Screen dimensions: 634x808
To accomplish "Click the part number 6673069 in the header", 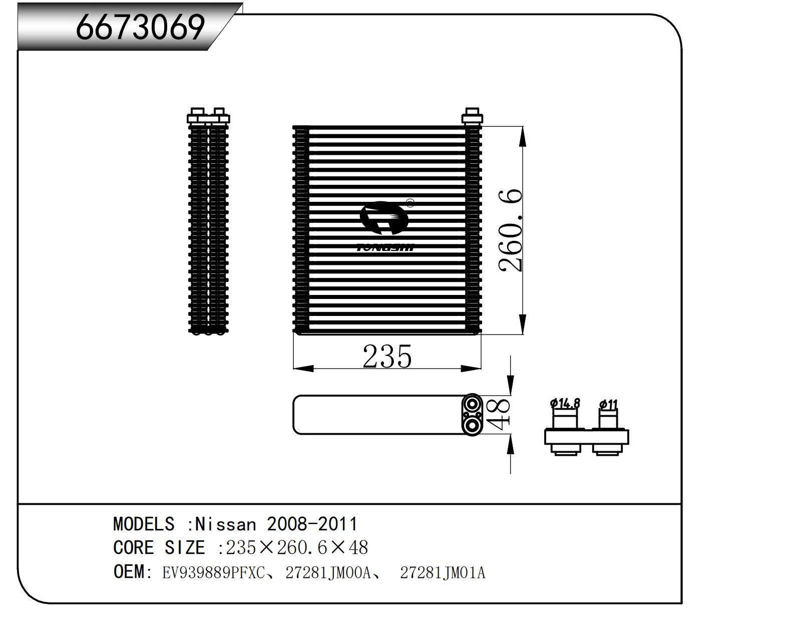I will click(140, 27).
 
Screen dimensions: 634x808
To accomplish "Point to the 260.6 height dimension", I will click(511, 230).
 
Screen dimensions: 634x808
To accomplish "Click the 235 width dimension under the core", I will click(387, 357).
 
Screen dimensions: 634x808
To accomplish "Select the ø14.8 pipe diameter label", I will click(565, 403).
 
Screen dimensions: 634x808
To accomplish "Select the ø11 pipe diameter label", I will click(608, 404).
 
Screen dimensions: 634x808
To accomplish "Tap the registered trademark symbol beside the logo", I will click(410, 203).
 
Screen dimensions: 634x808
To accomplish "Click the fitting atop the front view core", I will click(472, 116).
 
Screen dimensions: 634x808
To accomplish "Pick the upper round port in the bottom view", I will click(472, 403).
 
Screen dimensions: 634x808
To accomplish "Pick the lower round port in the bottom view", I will click(472, 426).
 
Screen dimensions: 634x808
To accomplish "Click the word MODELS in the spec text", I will click(144, 524).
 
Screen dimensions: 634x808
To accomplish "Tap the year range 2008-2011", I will click(312, 524).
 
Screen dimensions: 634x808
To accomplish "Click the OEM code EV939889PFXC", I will click(213, 572).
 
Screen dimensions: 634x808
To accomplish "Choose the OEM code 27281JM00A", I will click(328, 572).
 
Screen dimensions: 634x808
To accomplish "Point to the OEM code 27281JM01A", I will click(443, 572).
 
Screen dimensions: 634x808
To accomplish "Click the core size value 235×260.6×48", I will click(297, 548).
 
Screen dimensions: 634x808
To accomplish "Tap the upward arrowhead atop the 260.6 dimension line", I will click(523, 135).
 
